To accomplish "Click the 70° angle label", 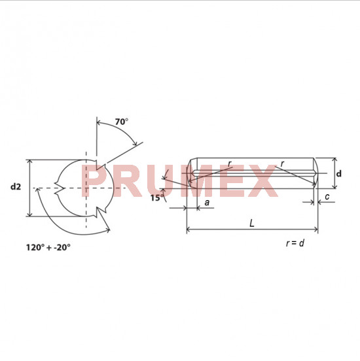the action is pos(122,122).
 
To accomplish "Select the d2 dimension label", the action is pos(16,186).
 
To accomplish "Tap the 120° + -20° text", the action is pos(48,247).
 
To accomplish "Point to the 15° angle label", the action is pos(157,198).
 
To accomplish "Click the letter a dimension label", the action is pos(207,202).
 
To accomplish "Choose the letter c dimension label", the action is pos(327,197).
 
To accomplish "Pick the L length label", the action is pos(252,223).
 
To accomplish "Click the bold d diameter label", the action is pos(338,173).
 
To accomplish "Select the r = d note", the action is pos(295,243).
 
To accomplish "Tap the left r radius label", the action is pos(229,164).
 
